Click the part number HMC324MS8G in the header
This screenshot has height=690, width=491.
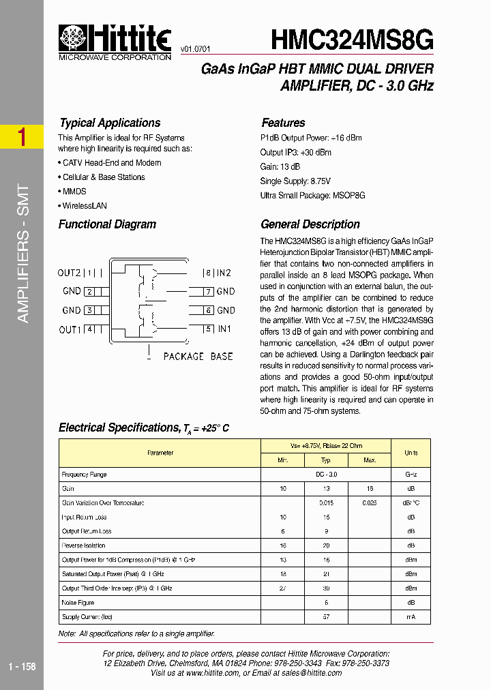pos(352,40)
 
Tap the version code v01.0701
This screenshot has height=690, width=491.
pos(195,50)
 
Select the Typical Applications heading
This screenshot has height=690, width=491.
pos(109,123)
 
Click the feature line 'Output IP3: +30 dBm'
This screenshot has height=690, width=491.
pos(295,152)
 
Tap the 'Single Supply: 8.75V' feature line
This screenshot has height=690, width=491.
pos(295,181)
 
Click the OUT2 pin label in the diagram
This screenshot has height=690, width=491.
pos(70,273)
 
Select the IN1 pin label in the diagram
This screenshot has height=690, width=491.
pos(224,329)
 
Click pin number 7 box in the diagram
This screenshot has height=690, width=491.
pos(210,292)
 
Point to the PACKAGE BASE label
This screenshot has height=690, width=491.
pos(198,356)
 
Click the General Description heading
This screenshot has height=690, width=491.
pos(310,224)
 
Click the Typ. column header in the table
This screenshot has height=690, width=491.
pos(326,460)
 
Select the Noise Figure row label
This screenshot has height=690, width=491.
pos(78,602)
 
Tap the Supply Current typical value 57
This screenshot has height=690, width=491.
pos(326,616)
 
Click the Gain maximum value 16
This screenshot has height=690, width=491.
pos(369,488)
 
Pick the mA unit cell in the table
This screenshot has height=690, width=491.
pos(411,616)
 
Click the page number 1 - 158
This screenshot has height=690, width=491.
pos(22,666)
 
